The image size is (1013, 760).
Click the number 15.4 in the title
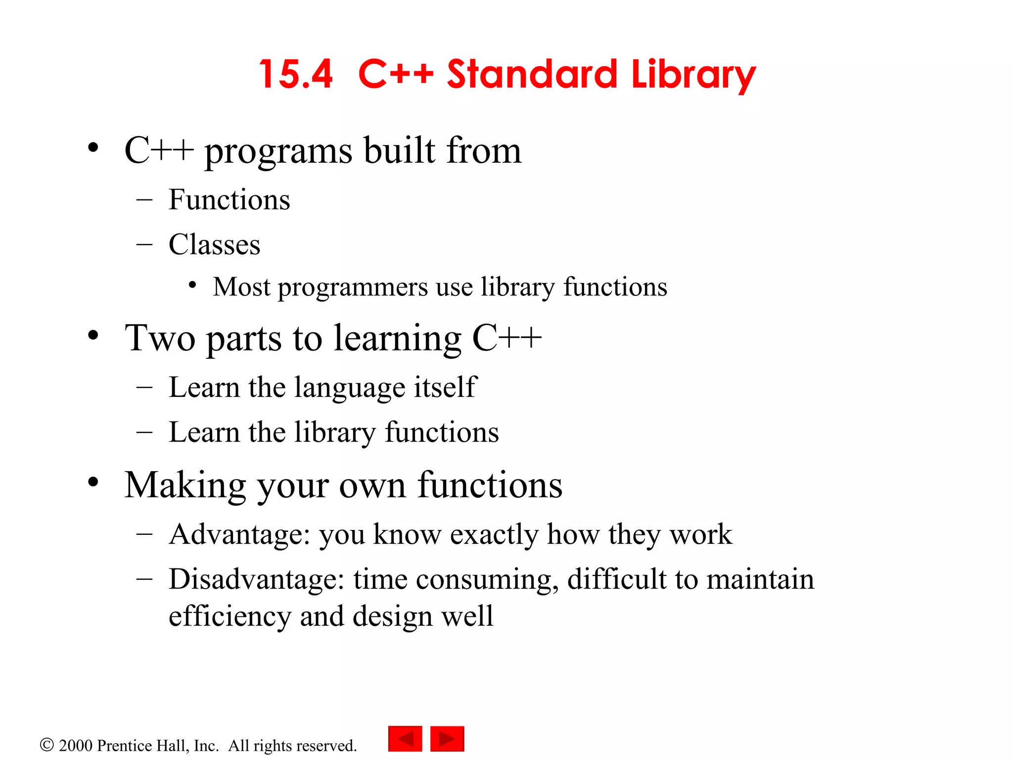296,74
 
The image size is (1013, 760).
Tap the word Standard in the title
532,74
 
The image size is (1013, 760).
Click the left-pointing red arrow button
405,739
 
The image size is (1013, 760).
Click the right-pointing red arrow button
447,739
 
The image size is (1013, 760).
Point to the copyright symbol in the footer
46,745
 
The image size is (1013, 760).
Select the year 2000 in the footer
76,745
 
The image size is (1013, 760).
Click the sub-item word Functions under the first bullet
229,200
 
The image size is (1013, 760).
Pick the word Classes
214,244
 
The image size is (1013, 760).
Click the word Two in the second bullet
160,338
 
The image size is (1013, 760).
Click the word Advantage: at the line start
239,534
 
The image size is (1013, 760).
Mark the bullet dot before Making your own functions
93,482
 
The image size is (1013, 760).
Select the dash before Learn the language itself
144,387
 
